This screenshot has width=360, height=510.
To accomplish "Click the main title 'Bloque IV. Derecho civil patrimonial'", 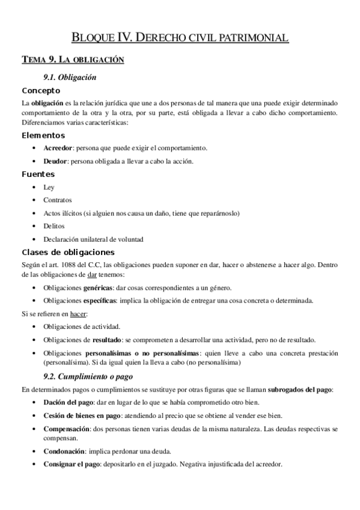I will pyautogui.click(x=180, y=37).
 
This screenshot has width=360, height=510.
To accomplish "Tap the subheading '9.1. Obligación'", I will pyautogui.click(x=70, y=78).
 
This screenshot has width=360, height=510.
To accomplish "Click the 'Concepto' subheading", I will pyautogui.click(x=41, y=91).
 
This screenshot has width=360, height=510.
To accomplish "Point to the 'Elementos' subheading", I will pyautogui.click(x=43, y=135).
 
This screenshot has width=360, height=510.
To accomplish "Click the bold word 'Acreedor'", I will pyautogui.click(x=58, y=148).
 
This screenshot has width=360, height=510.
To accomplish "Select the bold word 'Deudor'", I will pyautogui.click(x=55, y=161).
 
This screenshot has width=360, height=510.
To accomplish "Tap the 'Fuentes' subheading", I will pyautogui.click(x=38, y=174).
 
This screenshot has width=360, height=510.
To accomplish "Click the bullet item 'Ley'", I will pyautogui.click(x=49, y=187).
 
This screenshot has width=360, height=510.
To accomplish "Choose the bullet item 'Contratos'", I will pyautogui.click(x=57, y=200).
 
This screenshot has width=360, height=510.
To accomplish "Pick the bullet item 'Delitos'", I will pyautogui.click(x=54, y=226).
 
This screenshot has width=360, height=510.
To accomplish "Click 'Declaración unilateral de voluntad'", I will pyautogui.click(x=93, y=239).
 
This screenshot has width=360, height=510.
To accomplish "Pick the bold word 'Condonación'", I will pyautogui.click(x=64, y=451).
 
